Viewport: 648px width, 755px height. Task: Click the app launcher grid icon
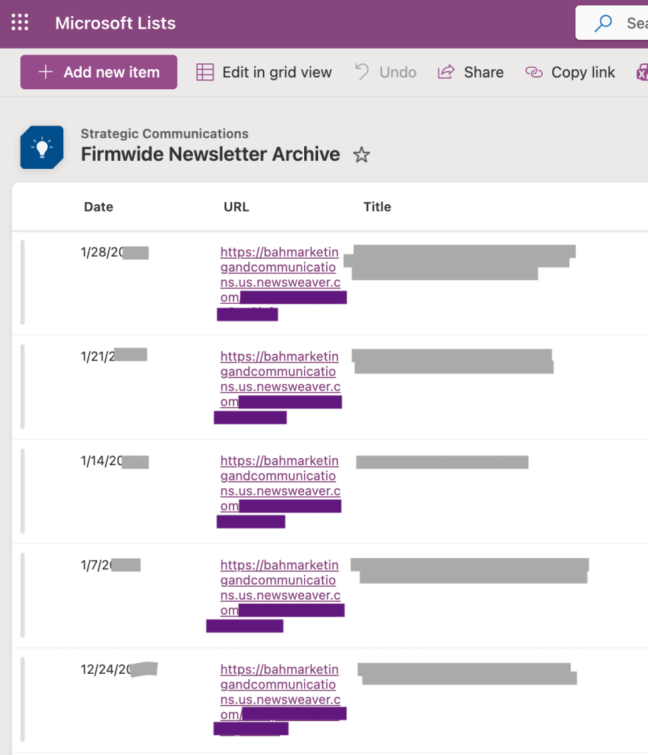click(x=20, y=23)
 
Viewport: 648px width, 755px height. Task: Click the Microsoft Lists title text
click(x=115, y=23)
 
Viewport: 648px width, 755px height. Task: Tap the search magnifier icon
click(x=603, y=23)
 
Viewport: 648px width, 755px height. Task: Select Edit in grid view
click(x=264, y=72)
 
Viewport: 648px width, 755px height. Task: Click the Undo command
click(x=386, y=72)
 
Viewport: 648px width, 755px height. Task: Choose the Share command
click(x=471, y=72)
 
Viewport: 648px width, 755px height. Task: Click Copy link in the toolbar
click(x=571, y=72)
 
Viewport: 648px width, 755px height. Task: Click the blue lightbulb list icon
click(x=41, y=147)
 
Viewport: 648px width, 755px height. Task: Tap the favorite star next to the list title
click(x=362, y=155)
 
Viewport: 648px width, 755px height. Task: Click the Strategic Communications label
click(x=164, y=133)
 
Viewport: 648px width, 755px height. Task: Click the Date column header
click(x=99, y=207)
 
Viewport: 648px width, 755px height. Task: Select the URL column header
click(x=236, y=207)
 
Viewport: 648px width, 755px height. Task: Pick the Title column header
click(x=377, y=207)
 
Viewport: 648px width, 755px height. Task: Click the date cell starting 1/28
click(x=103, y=252)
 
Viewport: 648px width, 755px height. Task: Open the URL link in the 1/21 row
click(x=279, y=372)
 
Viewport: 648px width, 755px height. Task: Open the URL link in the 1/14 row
click(x=279, y=476)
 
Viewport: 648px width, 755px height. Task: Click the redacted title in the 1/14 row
click(x=442, y=462)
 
